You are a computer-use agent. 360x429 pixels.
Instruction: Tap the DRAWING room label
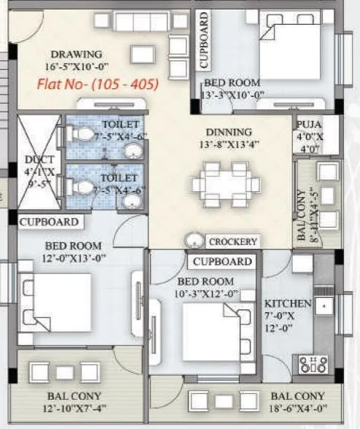(76, 54)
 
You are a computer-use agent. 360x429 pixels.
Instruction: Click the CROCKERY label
(232, 241)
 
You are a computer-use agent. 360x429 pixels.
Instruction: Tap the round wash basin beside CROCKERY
(194, 240)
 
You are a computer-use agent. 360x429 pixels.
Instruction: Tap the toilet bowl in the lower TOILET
(83, 188)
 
